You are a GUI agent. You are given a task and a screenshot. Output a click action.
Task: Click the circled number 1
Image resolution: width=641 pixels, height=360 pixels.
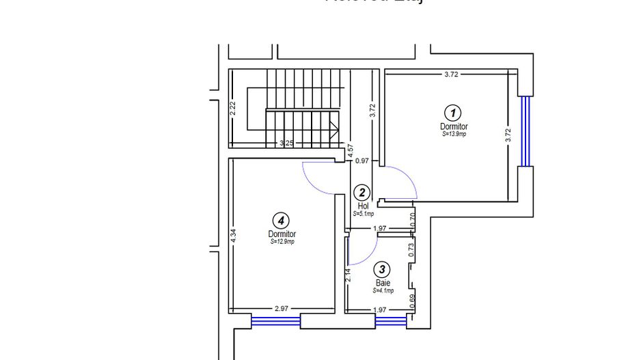point(452,113)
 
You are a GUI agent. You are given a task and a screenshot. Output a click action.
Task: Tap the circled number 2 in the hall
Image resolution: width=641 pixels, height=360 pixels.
point(362,193)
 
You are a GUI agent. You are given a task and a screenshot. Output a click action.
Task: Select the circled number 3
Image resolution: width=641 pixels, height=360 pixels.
point(383,270)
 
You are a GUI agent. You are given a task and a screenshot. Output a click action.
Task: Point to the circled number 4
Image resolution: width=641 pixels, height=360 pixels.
point(280,220)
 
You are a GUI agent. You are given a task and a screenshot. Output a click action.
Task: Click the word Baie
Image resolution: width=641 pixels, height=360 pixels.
point(383,282)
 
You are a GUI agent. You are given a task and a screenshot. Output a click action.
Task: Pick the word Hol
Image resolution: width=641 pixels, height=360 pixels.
point(363,206)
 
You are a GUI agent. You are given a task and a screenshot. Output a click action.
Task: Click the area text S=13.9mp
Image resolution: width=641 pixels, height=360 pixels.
point(454,135)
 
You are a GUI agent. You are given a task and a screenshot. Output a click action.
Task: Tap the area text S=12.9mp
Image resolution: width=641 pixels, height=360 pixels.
point(282,241)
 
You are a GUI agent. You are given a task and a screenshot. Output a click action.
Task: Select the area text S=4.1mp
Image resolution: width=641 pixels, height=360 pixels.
point(383,290)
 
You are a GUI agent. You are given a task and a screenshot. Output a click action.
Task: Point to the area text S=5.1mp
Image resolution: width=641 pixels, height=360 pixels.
point(363,214)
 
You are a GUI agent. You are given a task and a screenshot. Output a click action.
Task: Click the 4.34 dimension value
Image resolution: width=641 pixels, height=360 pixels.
point(234,236)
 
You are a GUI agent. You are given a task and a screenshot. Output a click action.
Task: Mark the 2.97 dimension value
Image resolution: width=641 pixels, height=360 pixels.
point(282,309)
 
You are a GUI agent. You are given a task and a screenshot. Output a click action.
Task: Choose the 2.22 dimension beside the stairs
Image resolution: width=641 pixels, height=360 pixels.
point(233,108)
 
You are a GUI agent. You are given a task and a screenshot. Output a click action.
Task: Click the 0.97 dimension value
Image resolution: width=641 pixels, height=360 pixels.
point(362,161)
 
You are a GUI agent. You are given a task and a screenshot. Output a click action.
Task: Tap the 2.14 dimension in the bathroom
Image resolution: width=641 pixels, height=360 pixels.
point(349,275)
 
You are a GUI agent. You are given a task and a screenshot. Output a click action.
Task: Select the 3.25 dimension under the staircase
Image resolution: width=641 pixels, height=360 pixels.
point(287,143)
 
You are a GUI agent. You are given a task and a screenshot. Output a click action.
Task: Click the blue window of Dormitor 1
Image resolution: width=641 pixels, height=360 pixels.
point(525,130)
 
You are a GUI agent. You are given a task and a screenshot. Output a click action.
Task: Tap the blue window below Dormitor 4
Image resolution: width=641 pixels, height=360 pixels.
point(276,320)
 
